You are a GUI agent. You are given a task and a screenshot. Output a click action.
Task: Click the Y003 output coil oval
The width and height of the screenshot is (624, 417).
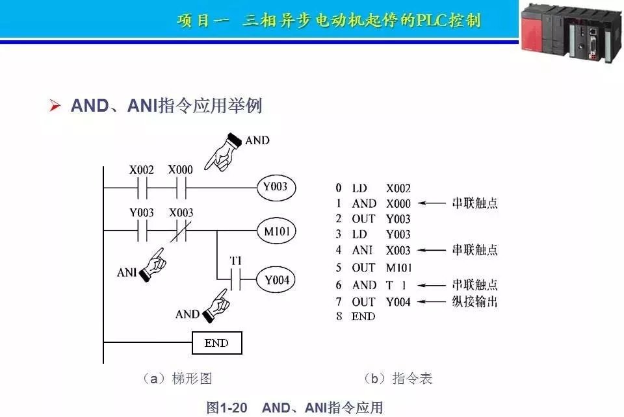point(276,188)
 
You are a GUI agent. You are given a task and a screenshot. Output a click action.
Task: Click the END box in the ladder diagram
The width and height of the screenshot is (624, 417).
point(216,343)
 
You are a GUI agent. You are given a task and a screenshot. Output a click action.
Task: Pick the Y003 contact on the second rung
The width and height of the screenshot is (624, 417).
point(142,231)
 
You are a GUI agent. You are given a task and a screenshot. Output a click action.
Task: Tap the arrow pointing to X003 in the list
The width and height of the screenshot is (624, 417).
point(430,251)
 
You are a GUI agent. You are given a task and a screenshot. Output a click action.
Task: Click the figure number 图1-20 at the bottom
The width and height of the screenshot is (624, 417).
point(226,408)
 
